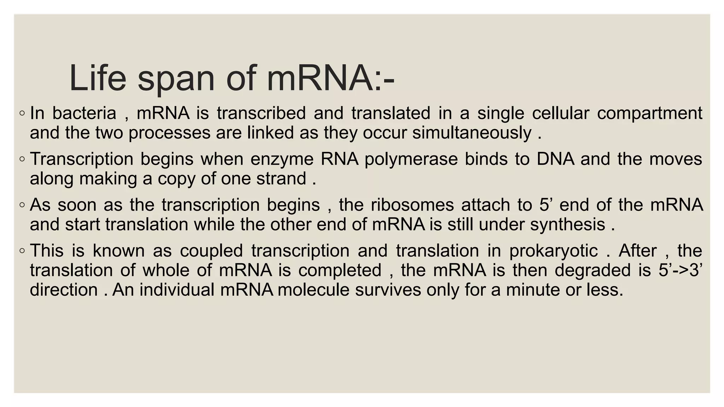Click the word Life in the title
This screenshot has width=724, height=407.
click(98, 78)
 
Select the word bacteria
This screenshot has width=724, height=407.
click(84, 113)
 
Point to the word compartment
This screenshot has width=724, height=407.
click(649, 113)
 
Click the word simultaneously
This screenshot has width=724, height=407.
click(472, 133)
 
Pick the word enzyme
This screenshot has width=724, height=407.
click(282, 159)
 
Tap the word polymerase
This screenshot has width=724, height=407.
click(411, 159)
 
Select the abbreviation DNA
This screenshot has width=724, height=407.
click(555, 159)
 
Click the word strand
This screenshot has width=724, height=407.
click(281, 178)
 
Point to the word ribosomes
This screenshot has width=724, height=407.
click(412, 205)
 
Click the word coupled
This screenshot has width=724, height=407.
click(211, 251)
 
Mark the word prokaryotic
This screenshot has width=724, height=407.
click(554, 251)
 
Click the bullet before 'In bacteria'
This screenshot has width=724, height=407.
click(22, 114)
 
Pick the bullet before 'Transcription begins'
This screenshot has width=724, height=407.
click(22, 159)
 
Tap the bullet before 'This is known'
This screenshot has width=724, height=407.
click(22, 251)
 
